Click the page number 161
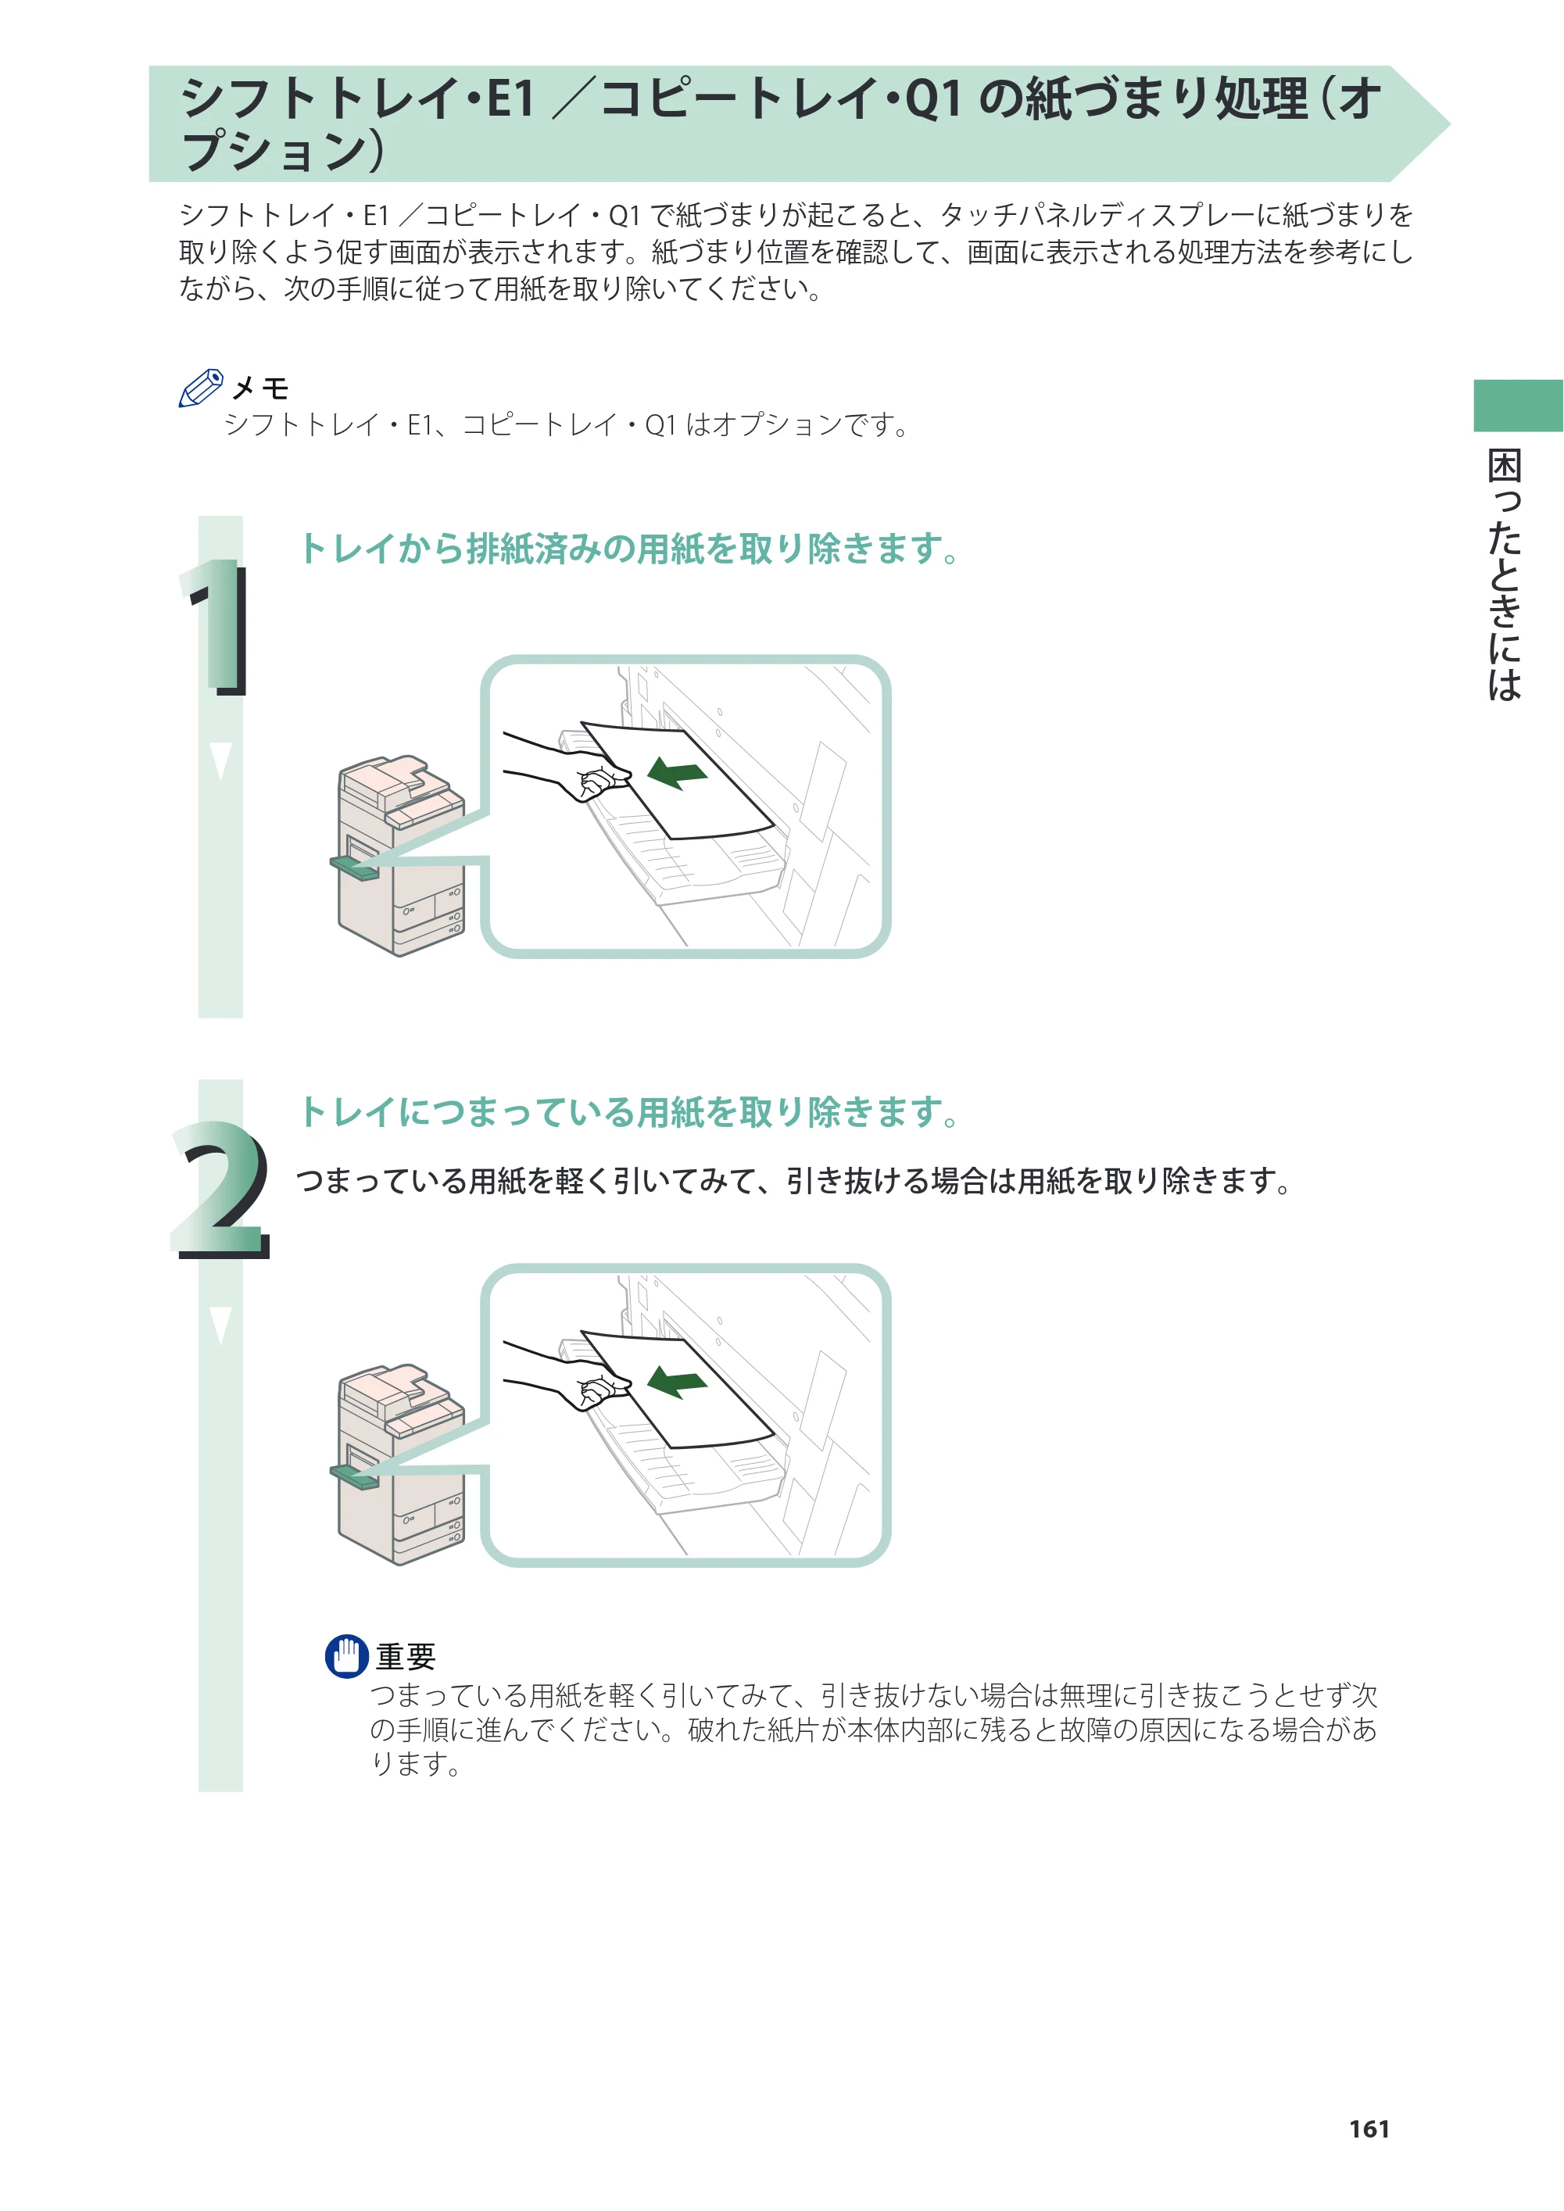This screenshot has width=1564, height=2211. tap(1369, 2129)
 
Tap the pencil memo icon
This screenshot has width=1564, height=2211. tap(202, 388)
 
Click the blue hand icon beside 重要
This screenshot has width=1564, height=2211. tap(347, 1656)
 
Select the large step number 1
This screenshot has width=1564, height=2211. tap(217, 626)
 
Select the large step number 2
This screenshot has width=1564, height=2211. tap(220, 1190)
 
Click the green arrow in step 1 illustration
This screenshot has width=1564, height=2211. tap(677, 772)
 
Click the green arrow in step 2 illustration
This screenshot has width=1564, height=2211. tap(677, 1381)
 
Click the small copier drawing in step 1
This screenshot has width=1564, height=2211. tap(401, 856)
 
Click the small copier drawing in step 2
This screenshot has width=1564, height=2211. tap(401, 1465)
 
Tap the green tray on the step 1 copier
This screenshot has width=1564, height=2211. tap(354, 868)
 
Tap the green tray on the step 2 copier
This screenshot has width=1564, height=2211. tap(354, 1476)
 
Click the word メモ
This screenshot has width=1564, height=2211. tap(260, 388)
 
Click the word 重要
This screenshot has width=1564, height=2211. tap(406, 1656)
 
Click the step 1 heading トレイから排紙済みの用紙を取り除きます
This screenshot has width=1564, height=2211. tap(631, 548)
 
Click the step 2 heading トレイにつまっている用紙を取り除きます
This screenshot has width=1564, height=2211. tap(631, 1111)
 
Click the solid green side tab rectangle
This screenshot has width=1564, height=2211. tap(1519, 406)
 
